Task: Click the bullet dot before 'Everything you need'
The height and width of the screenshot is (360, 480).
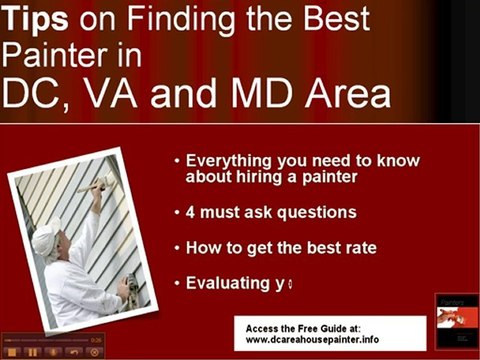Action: point(177,161)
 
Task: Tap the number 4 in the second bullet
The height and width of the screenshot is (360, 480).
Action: point(191,213)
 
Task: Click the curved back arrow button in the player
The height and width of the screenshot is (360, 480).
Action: point(74,352)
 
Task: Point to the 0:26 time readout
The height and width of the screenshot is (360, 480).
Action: point(96,339)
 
